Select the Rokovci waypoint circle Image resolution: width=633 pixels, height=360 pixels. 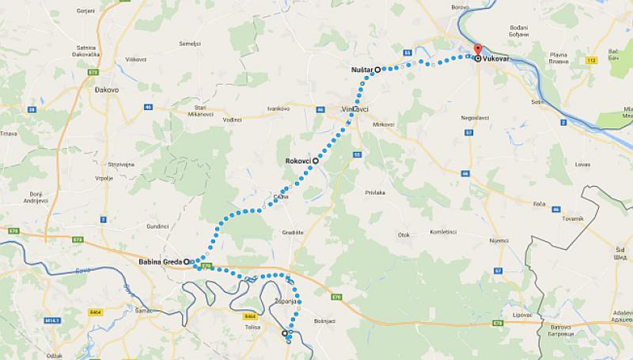(316, 161)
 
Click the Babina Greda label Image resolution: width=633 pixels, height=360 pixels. (159, 261)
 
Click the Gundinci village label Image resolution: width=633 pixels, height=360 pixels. (158, 225)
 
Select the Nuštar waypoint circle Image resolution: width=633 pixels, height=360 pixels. (378, 70)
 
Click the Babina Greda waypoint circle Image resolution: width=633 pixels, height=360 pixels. (187, 261)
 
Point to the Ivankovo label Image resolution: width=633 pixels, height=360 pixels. (278, 108)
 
